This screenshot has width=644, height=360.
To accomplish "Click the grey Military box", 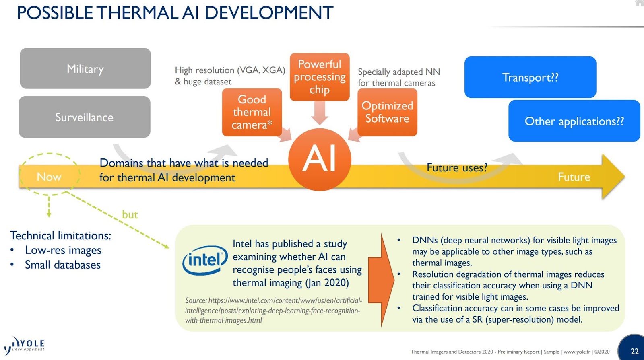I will point(85,69).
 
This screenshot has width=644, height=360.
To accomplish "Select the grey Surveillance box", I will point(85,117).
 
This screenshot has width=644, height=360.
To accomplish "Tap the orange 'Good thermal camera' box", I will point(252,112).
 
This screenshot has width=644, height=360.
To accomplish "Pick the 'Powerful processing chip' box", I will point(320,76).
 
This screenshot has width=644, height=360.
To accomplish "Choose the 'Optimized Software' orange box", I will point(387,112).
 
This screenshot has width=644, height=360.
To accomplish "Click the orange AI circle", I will point(320,159).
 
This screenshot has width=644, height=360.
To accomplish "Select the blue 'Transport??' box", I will point(530,77).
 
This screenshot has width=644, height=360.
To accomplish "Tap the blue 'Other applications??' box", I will point(574,121).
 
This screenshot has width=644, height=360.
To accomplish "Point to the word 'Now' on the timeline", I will point(49,177).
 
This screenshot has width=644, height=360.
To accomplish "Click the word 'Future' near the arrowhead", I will point(574,177).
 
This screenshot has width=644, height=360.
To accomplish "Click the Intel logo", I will point(205,260).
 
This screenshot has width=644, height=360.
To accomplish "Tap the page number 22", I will point(634,351).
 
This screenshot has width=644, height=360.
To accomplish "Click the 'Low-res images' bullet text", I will point(63,250).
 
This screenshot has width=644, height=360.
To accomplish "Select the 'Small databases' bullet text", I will point(62,265).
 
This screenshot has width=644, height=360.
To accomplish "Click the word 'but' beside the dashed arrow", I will point(130,215).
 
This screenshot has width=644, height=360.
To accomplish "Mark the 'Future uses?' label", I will point(457,167).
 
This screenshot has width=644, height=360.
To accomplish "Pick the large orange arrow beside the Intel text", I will point(381,280).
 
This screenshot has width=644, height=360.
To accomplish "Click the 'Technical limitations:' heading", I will point(60,235).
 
